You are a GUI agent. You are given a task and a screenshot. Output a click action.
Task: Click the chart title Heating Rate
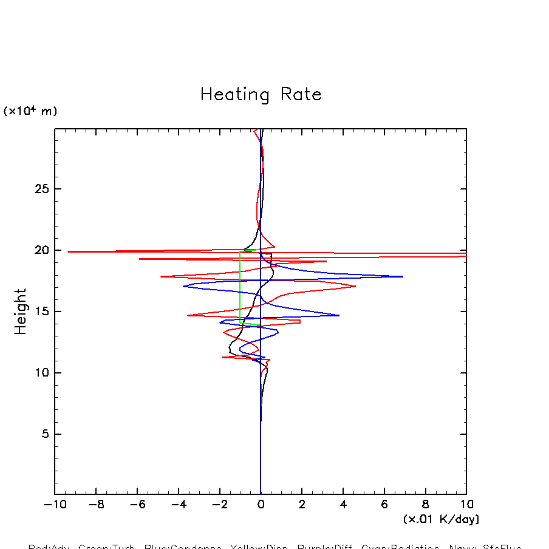[261, 95]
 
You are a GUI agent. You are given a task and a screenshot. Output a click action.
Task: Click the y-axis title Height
[21, 312]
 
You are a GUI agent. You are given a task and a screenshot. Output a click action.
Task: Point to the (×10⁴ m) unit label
[30, 111]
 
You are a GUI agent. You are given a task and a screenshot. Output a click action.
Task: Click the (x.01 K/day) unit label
[441, 519]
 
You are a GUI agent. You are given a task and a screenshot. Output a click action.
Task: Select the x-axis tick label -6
[137, 504]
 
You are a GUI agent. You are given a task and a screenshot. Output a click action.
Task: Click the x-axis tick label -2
[219, 504]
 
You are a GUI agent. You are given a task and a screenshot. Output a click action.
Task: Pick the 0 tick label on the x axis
[261, 504]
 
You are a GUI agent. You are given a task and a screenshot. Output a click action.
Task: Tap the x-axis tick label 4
[343, 504]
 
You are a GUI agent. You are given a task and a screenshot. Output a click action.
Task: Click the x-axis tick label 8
[425, 504]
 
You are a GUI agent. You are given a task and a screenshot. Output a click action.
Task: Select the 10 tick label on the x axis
[466, 504]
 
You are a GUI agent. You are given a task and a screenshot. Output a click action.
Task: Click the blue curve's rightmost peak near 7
[403, 276]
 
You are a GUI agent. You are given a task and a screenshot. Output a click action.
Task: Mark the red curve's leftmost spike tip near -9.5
[68, 251]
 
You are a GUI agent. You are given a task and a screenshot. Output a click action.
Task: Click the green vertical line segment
[240, 285]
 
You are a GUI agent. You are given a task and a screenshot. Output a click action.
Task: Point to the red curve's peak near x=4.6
[355, 286]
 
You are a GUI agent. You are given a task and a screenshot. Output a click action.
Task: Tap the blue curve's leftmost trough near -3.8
[183, 286]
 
